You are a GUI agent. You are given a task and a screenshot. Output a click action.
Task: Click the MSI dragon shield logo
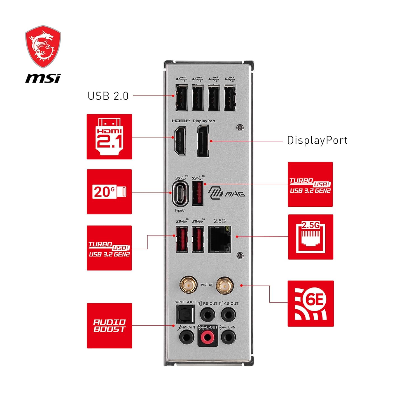[43, 47]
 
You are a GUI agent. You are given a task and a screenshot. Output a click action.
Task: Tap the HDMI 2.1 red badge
[109, 137]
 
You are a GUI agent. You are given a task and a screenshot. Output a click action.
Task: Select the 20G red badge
[109, 192]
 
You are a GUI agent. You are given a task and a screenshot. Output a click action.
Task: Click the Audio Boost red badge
[109, 326]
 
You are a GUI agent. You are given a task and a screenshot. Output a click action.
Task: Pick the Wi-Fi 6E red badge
[311, 304]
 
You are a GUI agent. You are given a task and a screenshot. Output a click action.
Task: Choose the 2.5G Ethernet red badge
[311, 237]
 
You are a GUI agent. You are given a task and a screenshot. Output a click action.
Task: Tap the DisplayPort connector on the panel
[203, 141]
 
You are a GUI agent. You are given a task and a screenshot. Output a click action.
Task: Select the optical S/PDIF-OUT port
[185, 314]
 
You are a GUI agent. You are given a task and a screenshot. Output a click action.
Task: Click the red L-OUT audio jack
[207, 337]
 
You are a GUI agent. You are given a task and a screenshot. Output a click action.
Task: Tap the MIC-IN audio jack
[186, 337]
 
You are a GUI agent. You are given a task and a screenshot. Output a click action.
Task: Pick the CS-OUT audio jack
[228, 314]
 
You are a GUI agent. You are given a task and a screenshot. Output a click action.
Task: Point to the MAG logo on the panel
[227, 193]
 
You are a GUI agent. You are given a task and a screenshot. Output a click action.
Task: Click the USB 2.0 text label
[108, 96]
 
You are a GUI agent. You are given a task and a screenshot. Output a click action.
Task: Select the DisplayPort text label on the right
[317, 140]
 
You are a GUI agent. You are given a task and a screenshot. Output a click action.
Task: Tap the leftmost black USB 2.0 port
[181, 97]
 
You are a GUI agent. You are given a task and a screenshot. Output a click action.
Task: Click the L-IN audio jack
[228, 337]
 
